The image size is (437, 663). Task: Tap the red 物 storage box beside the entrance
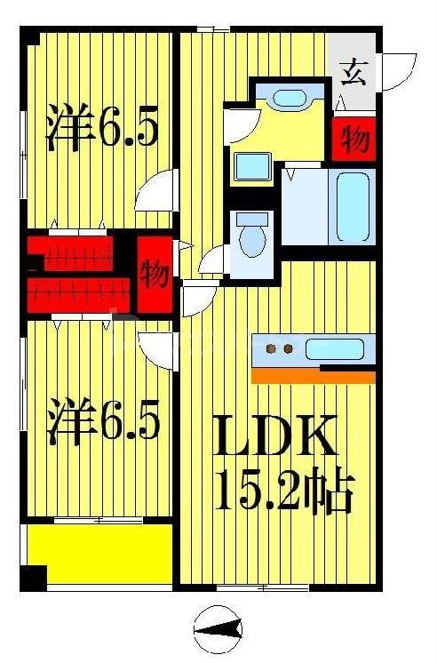point(354,140)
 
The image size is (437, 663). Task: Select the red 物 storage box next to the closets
point(155,275)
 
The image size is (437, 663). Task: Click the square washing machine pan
point(253,166)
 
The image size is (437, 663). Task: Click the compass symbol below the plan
point(218,629)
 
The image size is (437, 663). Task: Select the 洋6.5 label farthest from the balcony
point(103,130)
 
